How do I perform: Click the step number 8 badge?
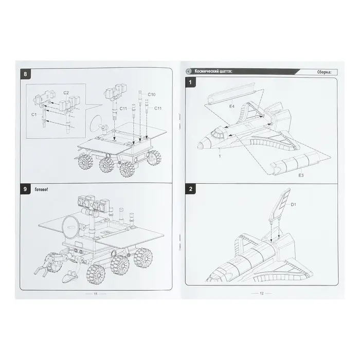pos(25,74)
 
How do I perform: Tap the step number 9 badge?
pos(25,189)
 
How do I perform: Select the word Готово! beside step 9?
pos(41,190)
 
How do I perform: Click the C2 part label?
pos(66,93)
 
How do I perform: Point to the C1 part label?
pos(34,114)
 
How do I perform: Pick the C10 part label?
pos(152,94)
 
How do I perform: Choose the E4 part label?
pos(231,106)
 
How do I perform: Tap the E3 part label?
pos(301,175)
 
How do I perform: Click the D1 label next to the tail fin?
pos(294,205)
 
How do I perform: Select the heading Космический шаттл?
pos(213,71)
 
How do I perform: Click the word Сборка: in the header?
pos(324,72)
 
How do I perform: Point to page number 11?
pos(96,294)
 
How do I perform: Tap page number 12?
pos(261,293)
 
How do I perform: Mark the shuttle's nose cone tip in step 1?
pos(199,146)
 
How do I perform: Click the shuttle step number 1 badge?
pos(190,82)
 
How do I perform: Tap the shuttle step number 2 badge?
pos(190,189)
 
